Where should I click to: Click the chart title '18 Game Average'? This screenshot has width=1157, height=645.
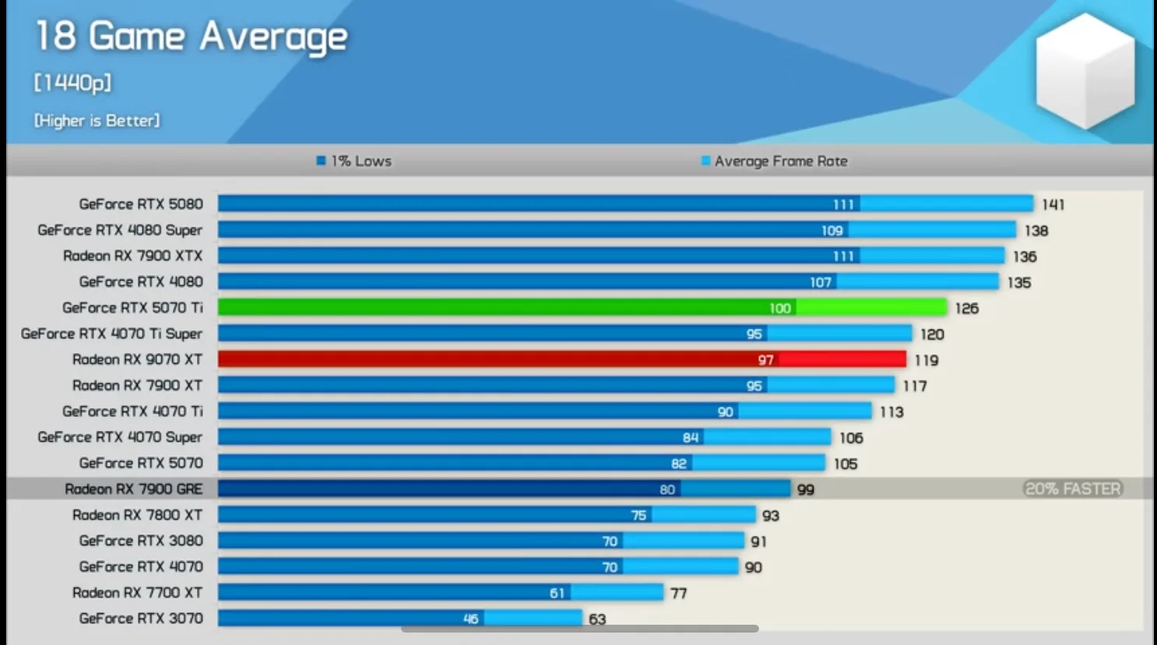(x=192, y=37)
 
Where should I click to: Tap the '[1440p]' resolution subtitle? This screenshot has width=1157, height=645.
(x=72, y=83)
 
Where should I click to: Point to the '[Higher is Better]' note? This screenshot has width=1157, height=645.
(x=97, y=121)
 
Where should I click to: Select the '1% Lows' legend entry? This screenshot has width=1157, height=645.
(x=354, y=161)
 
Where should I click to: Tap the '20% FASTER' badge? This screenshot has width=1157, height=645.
(x=1073, y=489)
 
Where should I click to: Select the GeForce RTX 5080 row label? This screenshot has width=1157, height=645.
(x=141, y=204)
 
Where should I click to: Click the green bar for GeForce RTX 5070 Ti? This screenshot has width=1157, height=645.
(x=498, y=308)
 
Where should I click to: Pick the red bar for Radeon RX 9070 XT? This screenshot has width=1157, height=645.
(x=483, y=359)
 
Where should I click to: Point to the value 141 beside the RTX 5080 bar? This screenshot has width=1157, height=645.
(x=1053, y=205)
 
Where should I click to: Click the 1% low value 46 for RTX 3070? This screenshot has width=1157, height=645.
(x=470, y=619)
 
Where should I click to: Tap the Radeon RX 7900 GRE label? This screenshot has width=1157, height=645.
(x=133, y=489)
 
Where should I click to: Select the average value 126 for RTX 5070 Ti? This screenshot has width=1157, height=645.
(x=966, y=308)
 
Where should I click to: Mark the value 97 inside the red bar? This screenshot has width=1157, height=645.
(x=765, y=360)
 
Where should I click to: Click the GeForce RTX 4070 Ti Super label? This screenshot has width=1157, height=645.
(x=111, y=333)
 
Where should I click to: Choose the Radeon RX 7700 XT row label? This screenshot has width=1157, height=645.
(x=137, y=593)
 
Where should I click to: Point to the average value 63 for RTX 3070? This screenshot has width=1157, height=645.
(x=597, y=619)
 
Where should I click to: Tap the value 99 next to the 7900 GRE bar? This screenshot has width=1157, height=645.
(x=805, y=490)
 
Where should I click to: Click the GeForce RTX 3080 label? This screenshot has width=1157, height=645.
(x=141, y=541)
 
